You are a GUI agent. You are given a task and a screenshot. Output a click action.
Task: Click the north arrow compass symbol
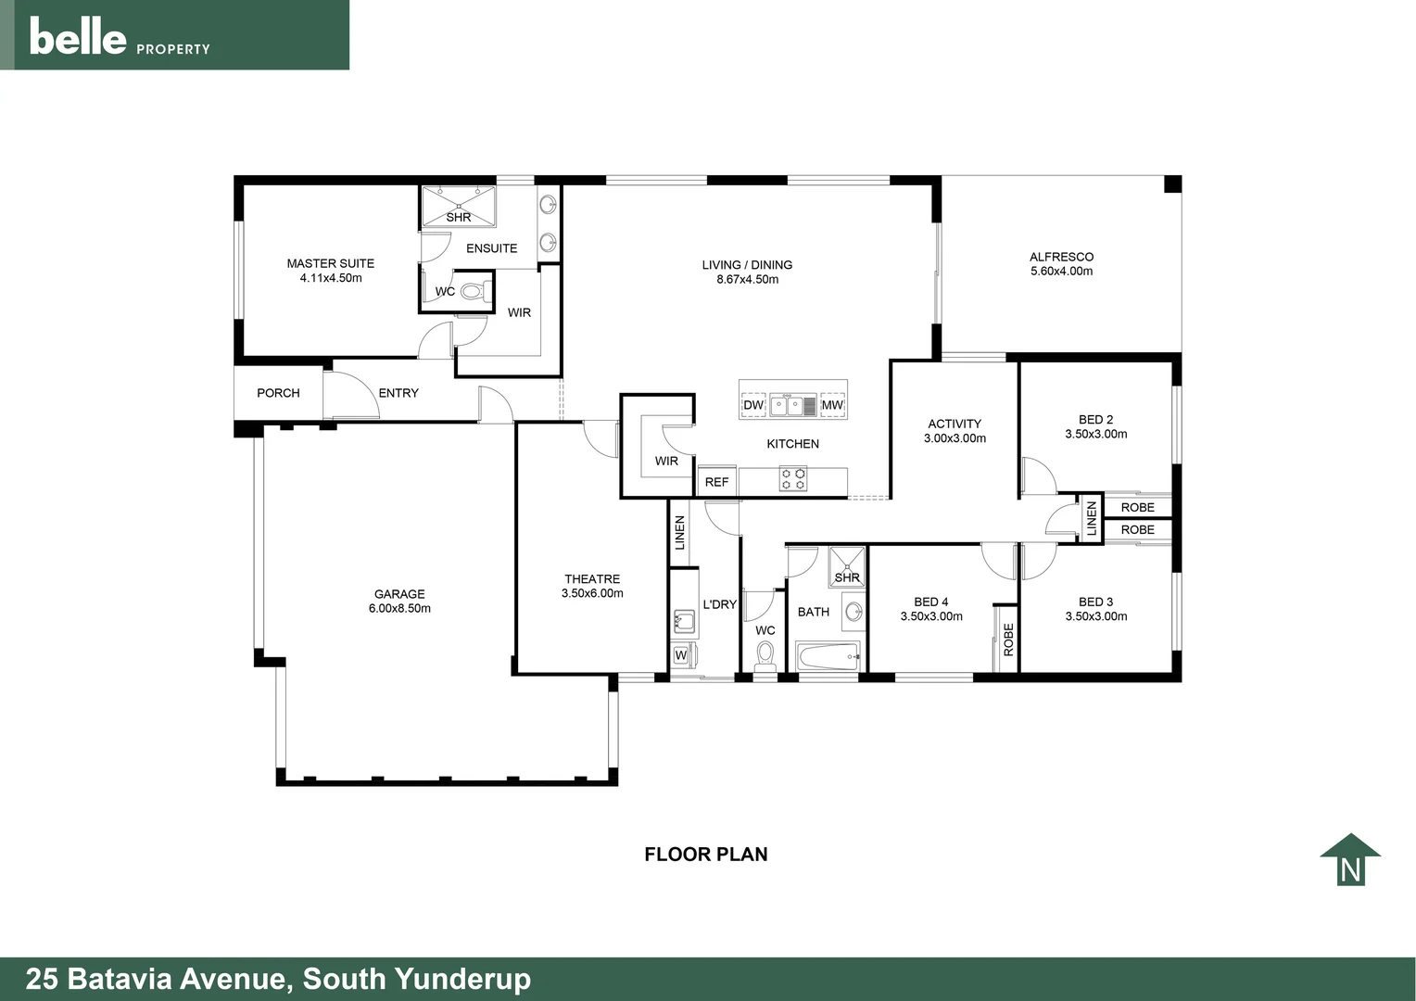coord(1350,860)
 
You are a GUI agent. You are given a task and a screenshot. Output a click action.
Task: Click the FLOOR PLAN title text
coord(705,855)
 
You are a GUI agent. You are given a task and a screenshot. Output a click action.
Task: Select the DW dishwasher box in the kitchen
coord(753,405)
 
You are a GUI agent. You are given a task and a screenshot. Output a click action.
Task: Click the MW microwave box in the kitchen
coord(832,405)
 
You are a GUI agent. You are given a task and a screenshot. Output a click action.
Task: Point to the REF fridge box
coord(716,482)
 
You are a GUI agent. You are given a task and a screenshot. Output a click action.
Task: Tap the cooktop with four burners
coord(793,479)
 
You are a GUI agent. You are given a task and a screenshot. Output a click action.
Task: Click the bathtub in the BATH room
coord(828,658)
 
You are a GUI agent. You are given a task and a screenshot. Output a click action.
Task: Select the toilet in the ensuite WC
coord(473,292)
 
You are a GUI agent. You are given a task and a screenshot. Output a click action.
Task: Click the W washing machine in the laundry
coord(681,655)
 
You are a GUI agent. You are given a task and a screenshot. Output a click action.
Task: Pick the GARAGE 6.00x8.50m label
coord(399,602)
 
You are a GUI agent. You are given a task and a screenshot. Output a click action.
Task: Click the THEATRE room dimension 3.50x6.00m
coord(592,593)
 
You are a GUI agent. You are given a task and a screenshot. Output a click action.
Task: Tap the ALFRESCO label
coord(1061,257)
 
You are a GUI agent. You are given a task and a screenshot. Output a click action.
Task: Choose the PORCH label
coord(278,393)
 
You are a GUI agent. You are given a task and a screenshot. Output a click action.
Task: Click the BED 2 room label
coord(1095,420)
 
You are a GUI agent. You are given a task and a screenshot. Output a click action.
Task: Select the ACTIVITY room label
coord(955,424)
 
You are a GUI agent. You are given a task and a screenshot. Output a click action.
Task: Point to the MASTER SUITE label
coord(330,263)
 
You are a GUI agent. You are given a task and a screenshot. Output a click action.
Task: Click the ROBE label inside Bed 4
coord(1008,640)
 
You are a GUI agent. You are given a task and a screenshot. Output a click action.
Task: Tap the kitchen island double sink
coord(792,405)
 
